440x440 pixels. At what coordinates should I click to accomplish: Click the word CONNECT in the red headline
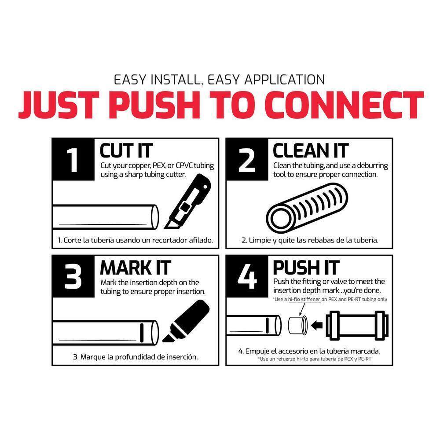(344, 105)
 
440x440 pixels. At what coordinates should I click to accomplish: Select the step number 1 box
(73, 159)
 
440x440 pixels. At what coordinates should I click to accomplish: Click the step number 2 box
(247, 159)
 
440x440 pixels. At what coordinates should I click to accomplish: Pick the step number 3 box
(73, 276)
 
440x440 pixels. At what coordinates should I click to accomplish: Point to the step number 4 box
(247, 276)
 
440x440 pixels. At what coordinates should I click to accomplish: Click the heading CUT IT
(126, 150)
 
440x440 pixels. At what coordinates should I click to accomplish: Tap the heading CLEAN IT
(311, 150)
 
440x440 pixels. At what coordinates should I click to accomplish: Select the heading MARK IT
(136, 268)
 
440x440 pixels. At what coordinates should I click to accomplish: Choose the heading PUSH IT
(306, 268)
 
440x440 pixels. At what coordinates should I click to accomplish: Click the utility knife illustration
(187, 202)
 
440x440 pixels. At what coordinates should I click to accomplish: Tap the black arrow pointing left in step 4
(317, 326)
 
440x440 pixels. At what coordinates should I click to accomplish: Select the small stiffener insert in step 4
(298, 325)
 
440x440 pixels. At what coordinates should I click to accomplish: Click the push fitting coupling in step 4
(357, 325)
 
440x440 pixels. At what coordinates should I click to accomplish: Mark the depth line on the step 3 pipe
(142, 332)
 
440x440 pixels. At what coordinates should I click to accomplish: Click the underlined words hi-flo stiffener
(304, 299)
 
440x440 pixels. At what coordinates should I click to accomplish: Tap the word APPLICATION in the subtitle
(285, 80)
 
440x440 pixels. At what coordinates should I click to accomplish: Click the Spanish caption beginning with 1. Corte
(135, 240)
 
